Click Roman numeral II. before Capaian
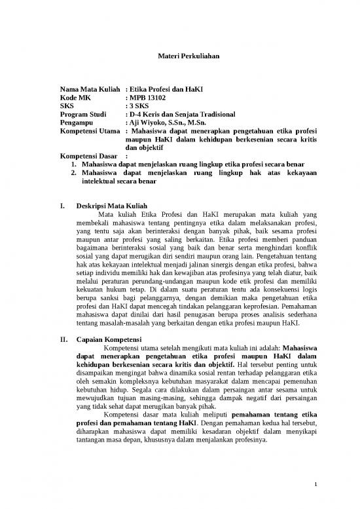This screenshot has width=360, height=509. [63, 339]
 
